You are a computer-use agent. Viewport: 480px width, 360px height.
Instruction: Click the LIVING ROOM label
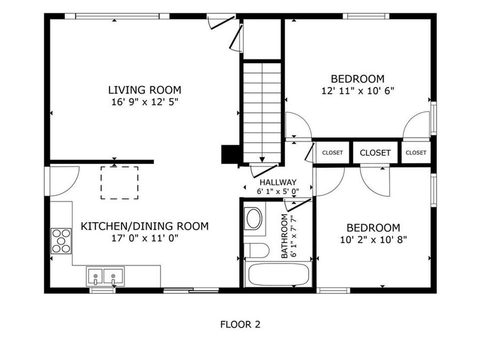point(145,90)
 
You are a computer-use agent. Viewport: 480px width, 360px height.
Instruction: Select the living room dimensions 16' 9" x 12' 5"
point(145,101)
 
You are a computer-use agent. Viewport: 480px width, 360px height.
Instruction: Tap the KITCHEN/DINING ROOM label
point(145,226)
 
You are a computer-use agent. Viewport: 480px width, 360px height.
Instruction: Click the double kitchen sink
point(105,277)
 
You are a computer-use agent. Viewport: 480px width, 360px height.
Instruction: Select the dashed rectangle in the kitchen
point(119,183)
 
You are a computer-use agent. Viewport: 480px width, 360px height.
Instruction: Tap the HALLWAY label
point(278,182)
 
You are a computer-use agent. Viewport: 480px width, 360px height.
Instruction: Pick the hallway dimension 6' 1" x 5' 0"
point(278,191)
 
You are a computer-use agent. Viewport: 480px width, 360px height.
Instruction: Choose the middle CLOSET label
point(375,153)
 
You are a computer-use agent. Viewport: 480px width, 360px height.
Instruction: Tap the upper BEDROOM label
point(357,79)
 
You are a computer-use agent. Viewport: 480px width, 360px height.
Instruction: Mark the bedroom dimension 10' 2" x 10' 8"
point(373,239)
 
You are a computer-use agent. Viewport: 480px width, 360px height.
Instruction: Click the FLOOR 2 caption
point(240,324)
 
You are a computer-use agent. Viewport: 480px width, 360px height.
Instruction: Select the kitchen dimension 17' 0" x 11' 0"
point(145,238)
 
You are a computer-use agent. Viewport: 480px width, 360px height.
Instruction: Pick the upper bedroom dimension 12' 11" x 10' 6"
point(357,91)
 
